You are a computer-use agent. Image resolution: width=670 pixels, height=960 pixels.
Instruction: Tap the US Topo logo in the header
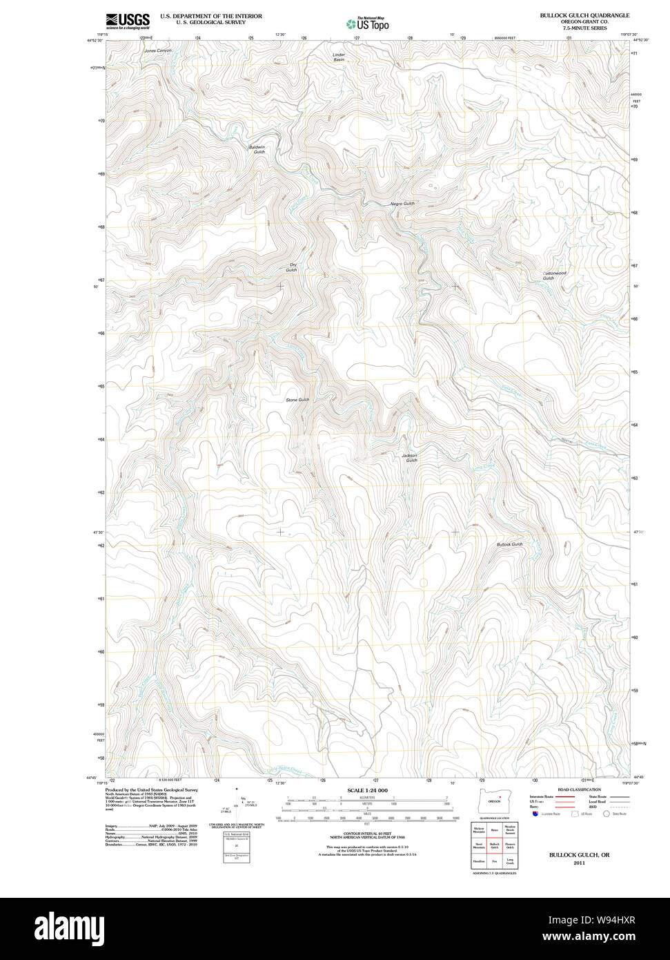pos(367,23)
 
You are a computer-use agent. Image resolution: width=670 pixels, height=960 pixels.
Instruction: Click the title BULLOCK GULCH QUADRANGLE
pos(584,15)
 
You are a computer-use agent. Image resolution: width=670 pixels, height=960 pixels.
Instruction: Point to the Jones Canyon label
pos(157,51)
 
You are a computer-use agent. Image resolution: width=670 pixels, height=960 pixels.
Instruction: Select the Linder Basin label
pos(338,57)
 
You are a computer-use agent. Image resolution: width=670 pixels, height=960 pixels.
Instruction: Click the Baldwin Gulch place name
pos(257,149)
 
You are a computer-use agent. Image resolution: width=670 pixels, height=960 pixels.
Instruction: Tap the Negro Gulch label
pos(402,204)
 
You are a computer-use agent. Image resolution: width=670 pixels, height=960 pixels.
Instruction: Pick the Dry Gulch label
pos(293,267)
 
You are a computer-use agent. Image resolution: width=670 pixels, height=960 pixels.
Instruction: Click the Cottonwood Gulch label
pos(554,275)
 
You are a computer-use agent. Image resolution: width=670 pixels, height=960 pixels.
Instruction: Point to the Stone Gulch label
pos(297,400)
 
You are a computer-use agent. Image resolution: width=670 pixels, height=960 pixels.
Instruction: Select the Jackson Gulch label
pos(410,458)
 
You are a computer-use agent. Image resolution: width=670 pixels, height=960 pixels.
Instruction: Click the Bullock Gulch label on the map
pos(510,544)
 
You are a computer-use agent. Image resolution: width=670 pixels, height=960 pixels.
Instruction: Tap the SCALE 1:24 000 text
pos(367,790)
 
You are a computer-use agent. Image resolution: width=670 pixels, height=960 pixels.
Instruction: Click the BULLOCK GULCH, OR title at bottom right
pos(579,855)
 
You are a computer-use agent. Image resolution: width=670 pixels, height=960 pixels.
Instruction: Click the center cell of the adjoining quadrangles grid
pos(494,845)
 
